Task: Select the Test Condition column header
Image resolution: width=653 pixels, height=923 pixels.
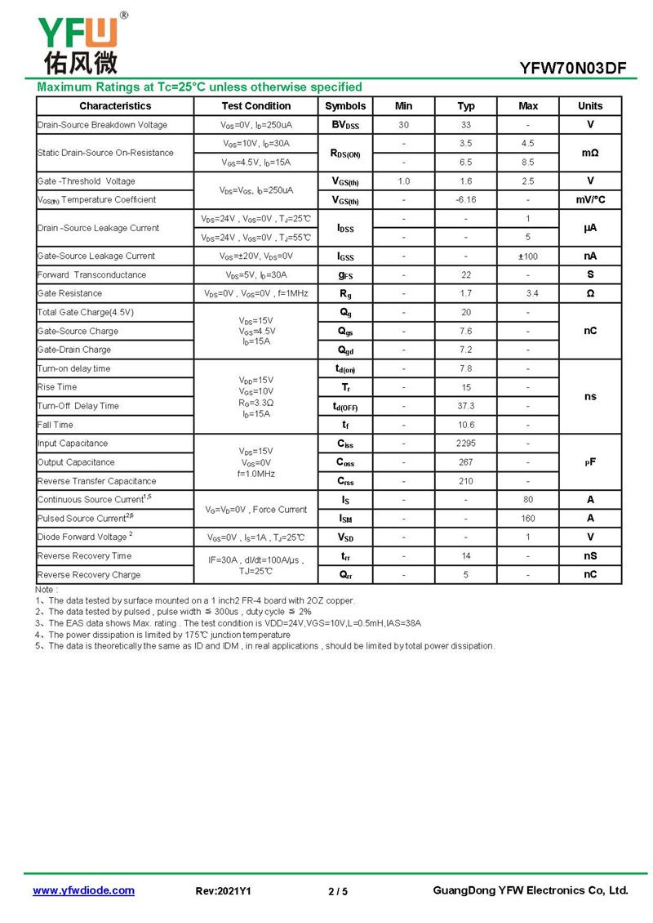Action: click(x=255, y=106)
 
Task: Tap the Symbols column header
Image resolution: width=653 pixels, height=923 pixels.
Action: click(x=345, y=106)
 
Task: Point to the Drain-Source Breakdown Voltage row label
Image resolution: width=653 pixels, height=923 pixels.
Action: click(x=102, y=125)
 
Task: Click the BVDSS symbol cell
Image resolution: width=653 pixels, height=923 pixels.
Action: click(x=345, y=125)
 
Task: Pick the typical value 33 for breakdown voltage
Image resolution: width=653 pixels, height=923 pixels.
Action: click(x=466, y=125)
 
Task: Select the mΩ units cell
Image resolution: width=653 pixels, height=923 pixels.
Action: click(x=590, y=153)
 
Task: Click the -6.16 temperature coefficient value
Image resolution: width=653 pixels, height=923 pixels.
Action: click(x=466, y=200)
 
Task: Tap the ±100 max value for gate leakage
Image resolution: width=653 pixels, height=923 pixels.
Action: click(x=528, y=256)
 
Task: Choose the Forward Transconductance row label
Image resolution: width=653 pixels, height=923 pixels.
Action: click(x=91, y=275)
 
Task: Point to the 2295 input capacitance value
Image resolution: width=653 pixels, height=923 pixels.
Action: click(x=466, y=444)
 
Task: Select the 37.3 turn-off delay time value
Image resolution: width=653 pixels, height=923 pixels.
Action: click(x=466, y=406)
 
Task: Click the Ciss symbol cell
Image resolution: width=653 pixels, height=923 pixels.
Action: click(x=345, y=444)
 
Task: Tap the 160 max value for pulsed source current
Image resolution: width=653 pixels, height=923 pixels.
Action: click(x=528, y=519)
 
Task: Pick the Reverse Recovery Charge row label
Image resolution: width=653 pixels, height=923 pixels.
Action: click(x=89, y=575)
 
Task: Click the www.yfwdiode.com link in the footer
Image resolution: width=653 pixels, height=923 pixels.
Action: click(x=83, y=890)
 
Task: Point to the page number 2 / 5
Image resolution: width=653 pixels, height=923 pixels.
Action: click(x=338, y=891)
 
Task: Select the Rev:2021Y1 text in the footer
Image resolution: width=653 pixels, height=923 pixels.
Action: click(x=224, y=891)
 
